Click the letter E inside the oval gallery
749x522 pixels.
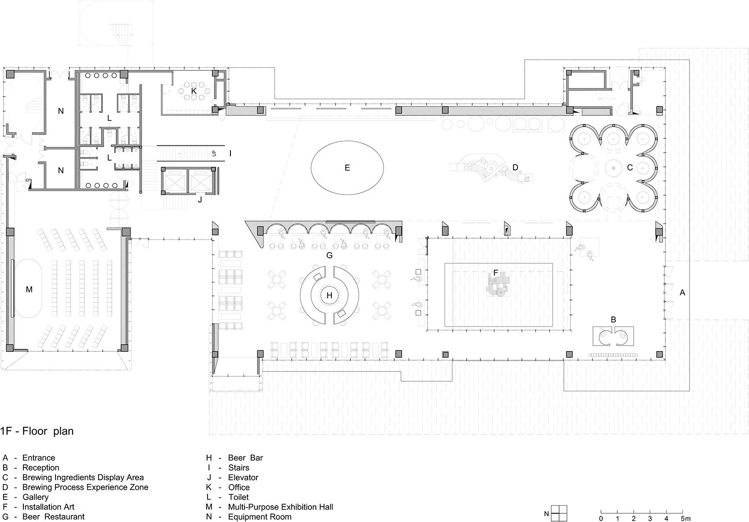[x=347, y=168]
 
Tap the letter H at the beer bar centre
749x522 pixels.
[x=330, y=295]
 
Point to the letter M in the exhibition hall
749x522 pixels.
[x=29, y=290]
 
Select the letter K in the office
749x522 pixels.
[x=193, y=91]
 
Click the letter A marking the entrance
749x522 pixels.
[x=682, y=293]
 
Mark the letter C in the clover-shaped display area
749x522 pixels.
[x=630, y=168]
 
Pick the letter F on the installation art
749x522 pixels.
[x=496, y=273]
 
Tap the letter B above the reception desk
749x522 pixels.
[x=613, y=320]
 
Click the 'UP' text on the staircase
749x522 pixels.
[x=214, y=153]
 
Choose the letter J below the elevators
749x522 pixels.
[x=200, y=200]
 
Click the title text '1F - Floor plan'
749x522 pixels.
[x=37, y=431]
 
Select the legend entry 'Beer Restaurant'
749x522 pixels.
[x=53, y=517]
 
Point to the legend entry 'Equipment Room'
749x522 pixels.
[x=260, y=517]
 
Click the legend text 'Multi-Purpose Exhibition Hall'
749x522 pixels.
[x=281, y=507]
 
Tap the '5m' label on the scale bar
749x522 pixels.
[x=686, y=518]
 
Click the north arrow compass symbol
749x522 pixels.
[x=559, y=513]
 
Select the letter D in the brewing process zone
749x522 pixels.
[x=515, y=168]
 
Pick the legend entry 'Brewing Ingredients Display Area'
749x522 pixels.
[x=83, y=477]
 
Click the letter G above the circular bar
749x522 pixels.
[x=330, y=255]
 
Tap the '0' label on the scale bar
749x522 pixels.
[x=601, y=518]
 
